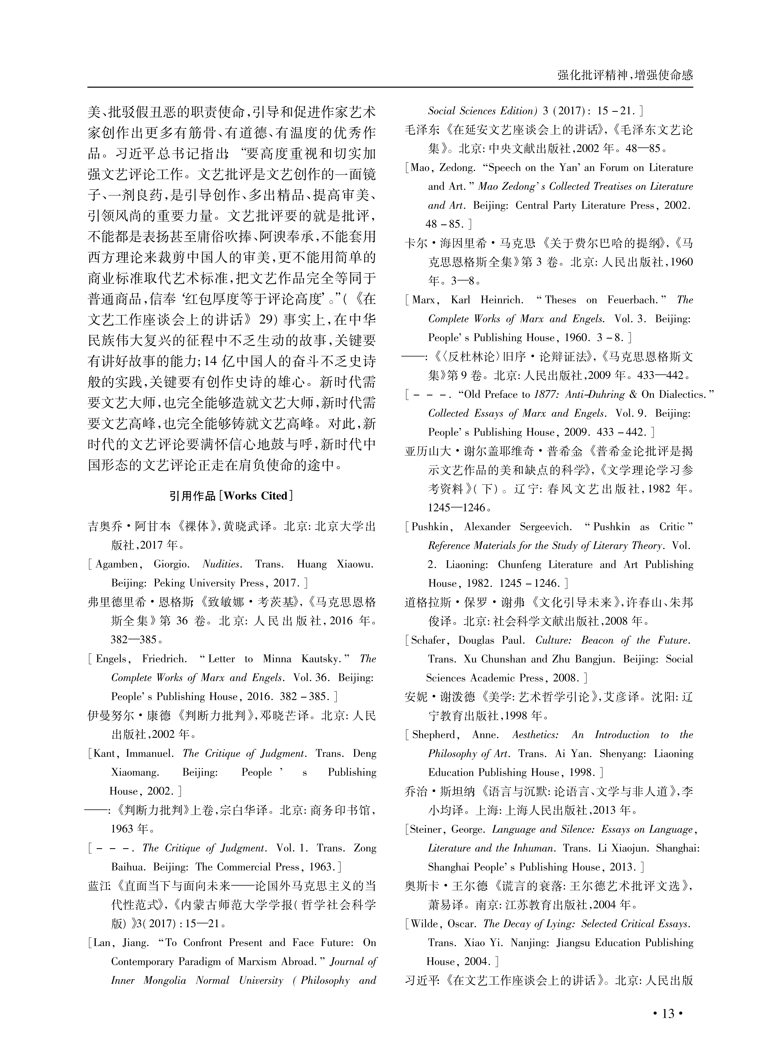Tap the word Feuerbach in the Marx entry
(633, 300)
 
